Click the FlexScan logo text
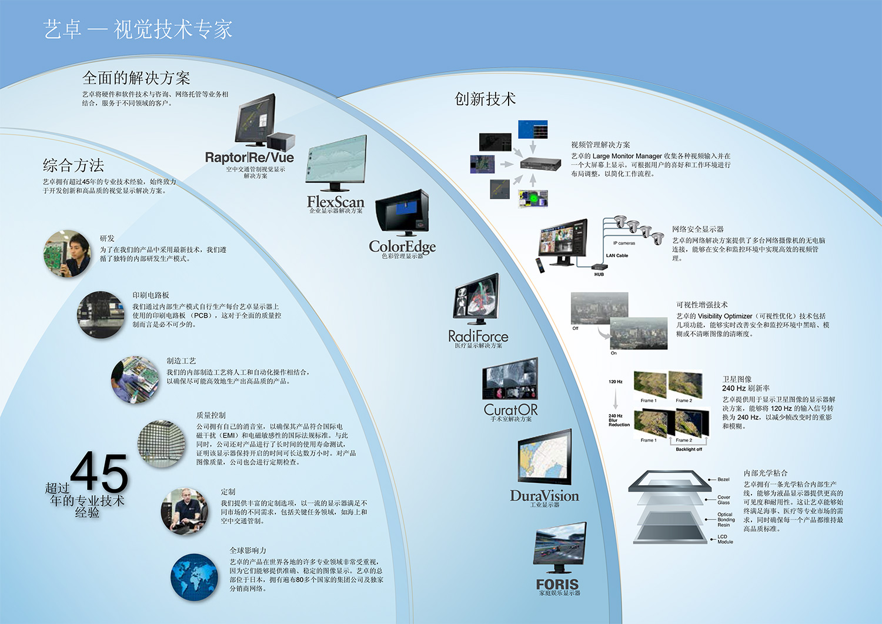[x=335, y=202]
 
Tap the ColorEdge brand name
[x=402, y=246]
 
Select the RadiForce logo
[x=478, y=336]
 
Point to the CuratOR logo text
[x=510, y=409]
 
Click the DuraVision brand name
[x=544, y=496]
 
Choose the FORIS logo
[x=557, y=584]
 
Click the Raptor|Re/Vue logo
[x=249, y=158]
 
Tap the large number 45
[x=99, y=472]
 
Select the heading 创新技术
[x=485, y=99]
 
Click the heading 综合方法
[x=73, y=165]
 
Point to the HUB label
[x=599, y=274]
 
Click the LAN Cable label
[x=617, y=256]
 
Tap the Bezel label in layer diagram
[x=723, y=479]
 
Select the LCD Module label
[x=725, y=539]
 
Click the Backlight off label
[x=689, y=449]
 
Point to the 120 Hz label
[x=615, y=382]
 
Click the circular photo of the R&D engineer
[x=68, y=253]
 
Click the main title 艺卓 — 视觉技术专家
[x=138, y=29]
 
